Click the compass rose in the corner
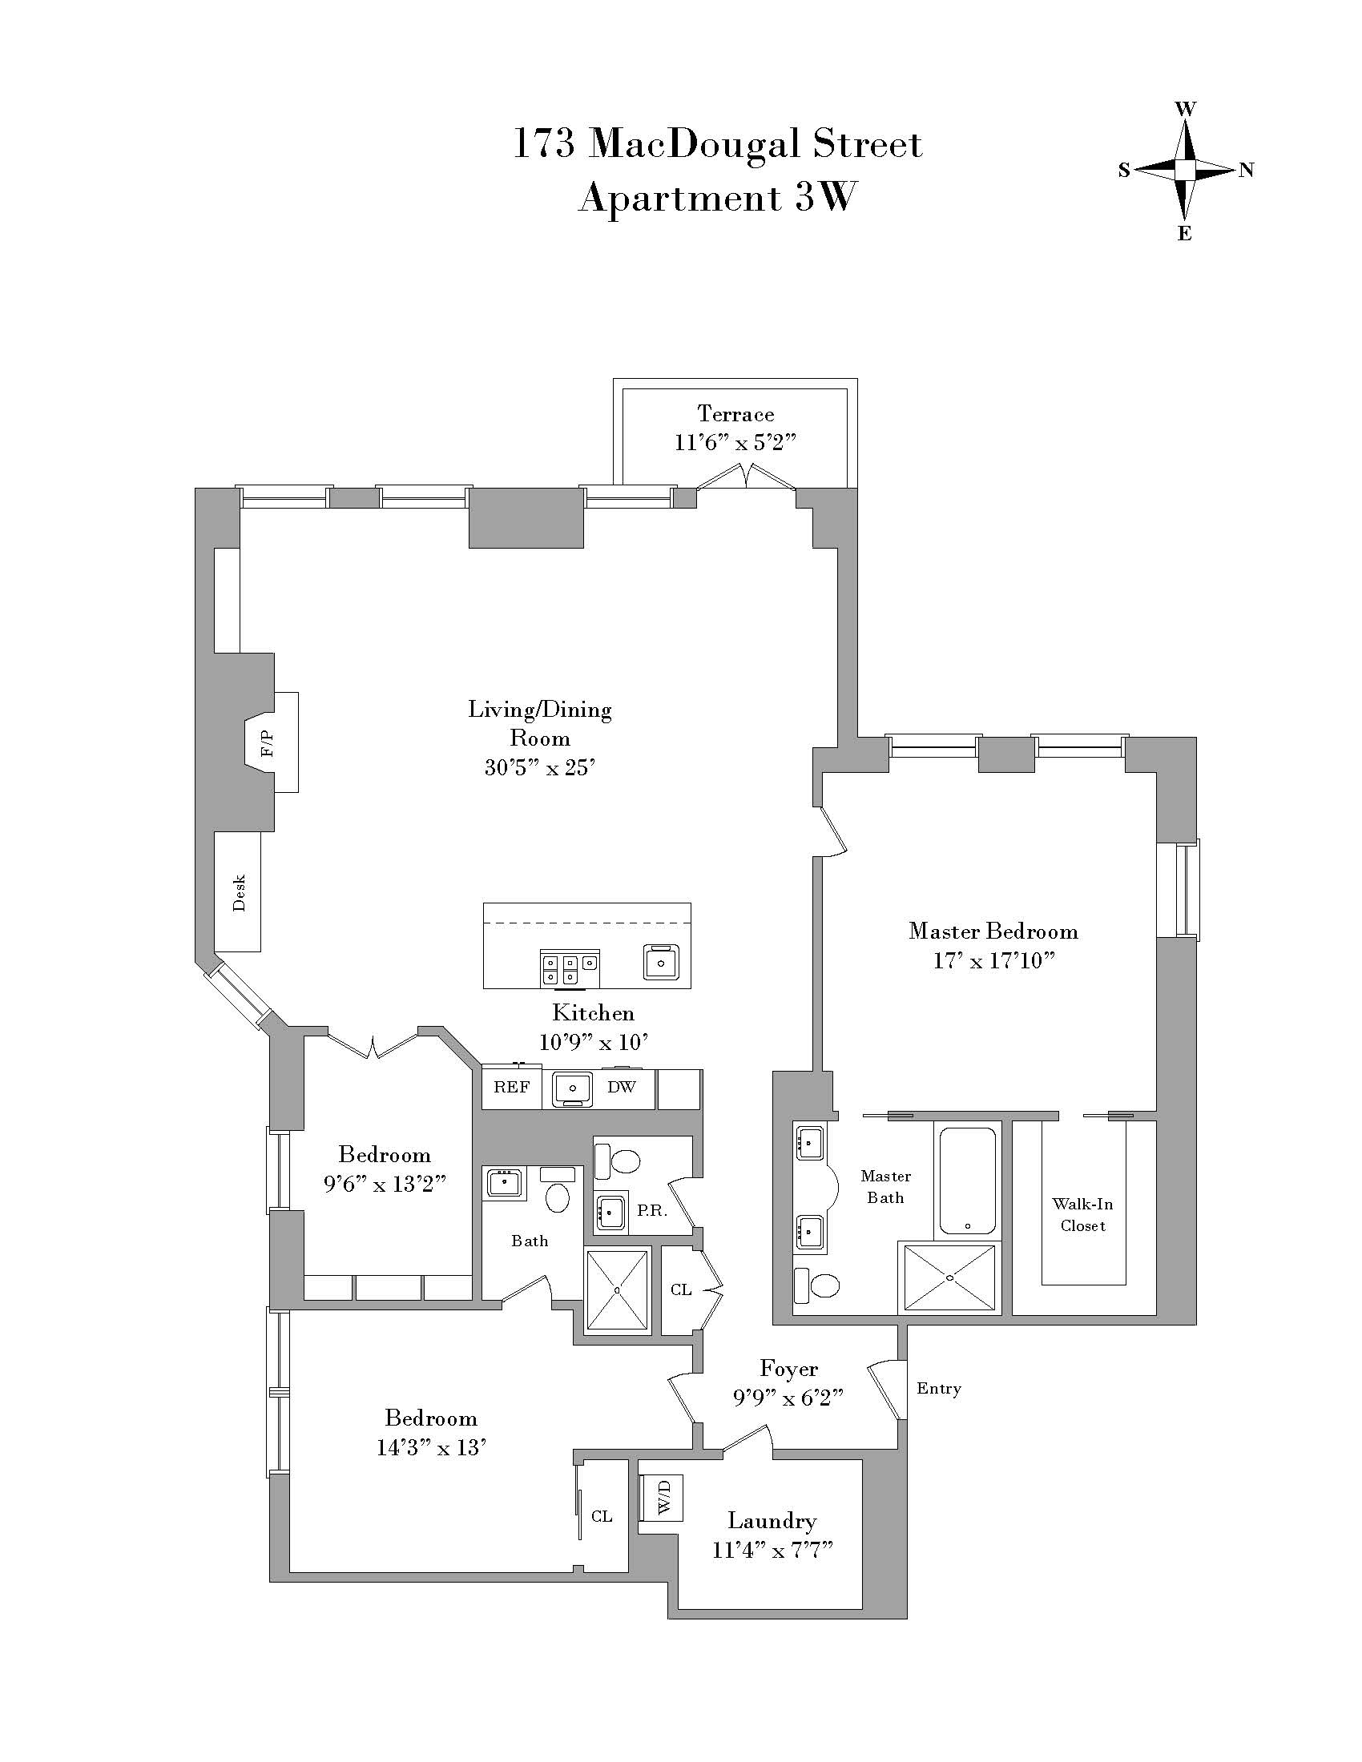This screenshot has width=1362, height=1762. [1183, 171]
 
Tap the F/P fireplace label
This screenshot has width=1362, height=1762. [267, 743]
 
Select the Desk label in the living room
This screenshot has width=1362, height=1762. [239, 892]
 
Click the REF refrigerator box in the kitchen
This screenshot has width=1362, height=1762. [512, 1088]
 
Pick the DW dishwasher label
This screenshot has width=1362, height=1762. [621, 1088]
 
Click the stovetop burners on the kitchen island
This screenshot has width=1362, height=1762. [570, 968]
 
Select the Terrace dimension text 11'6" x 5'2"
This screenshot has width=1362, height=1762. [735, 443]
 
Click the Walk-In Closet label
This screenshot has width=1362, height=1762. [1083, 1214]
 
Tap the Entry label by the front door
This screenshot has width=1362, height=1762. [938, 1389]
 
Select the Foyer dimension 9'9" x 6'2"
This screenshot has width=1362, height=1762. [788, 1398]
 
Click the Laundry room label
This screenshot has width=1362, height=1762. [772, 1521]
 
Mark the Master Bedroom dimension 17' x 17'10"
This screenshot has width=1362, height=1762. [993, 961]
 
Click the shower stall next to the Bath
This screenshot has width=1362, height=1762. [617, 1290]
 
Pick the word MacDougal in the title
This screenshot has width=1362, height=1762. [694, 145]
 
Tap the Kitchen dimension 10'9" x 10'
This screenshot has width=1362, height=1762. [593, 1042]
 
